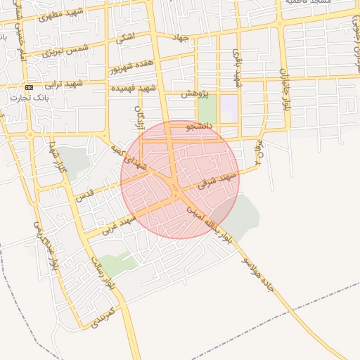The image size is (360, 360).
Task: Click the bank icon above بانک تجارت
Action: (x=29, y=87)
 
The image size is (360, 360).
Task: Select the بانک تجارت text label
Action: (x=27, y=97)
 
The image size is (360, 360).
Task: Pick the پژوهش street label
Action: (x=193, y=92)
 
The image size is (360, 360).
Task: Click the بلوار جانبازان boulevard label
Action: (x=285, y=88)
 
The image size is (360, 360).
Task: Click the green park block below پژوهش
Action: (x=207, y=110)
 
